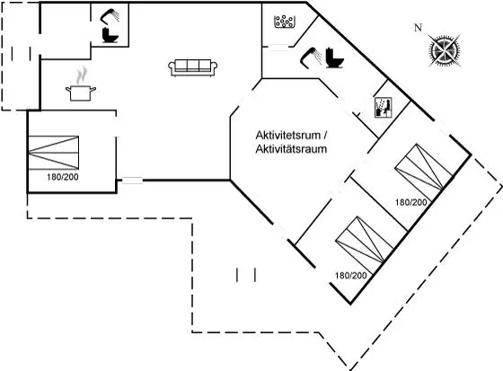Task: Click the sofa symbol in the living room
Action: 193,67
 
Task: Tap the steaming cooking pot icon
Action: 81,84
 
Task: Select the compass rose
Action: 445,50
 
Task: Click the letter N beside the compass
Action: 418,28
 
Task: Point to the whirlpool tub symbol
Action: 284,22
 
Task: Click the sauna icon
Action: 384,108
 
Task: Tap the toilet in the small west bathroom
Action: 110,35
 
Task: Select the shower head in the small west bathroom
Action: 110,16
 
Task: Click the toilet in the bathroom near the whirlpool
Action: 334,57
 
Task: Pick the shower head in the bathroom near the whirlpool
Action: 311,57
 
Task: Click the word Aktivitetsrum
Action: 288,135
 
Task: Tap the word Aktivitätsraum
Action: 291,149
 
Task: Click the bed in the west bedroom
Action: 54,153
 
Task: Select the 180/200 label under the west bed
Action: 63,177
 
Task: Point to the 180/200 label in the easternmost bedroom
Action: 411,202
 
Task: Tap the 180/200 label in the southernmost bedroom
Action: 351,276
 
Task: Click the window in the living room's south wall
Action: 133,181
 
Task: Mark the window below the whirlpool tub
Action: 278,48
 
